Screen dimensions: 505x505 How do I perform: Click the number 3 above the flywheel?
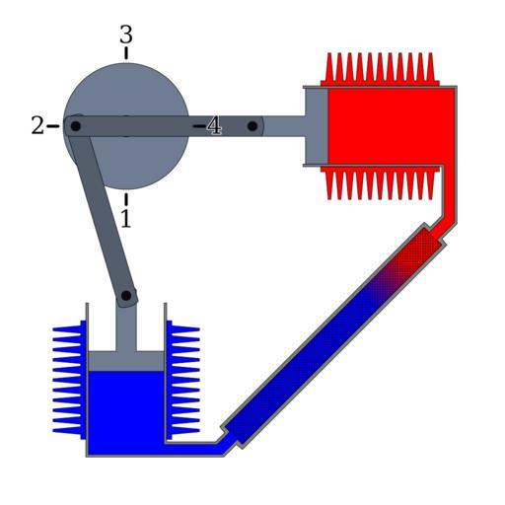[126, 35]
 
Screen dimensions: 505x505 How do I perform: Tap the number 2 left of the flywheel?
[37, 125]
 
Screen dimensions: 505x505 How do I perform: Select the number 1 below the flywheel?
[126, 219]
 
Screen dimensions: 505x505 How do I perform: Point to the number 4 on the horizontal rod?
[214, 126]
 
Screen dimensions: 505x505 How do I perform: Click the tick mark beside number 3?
[126, 53]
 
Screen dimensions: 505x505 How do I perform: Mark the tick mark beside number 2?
[52, 126]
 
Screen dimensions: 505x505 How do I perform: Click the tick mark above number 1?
[126, 199]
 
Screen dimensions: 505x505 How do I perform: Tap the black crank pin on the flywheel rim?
[76, 126]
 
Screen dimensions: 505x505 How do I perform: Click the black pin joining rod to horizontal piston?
[252, 126]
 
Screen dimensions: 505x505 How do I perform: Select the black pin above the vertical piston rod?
[126, 296]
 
